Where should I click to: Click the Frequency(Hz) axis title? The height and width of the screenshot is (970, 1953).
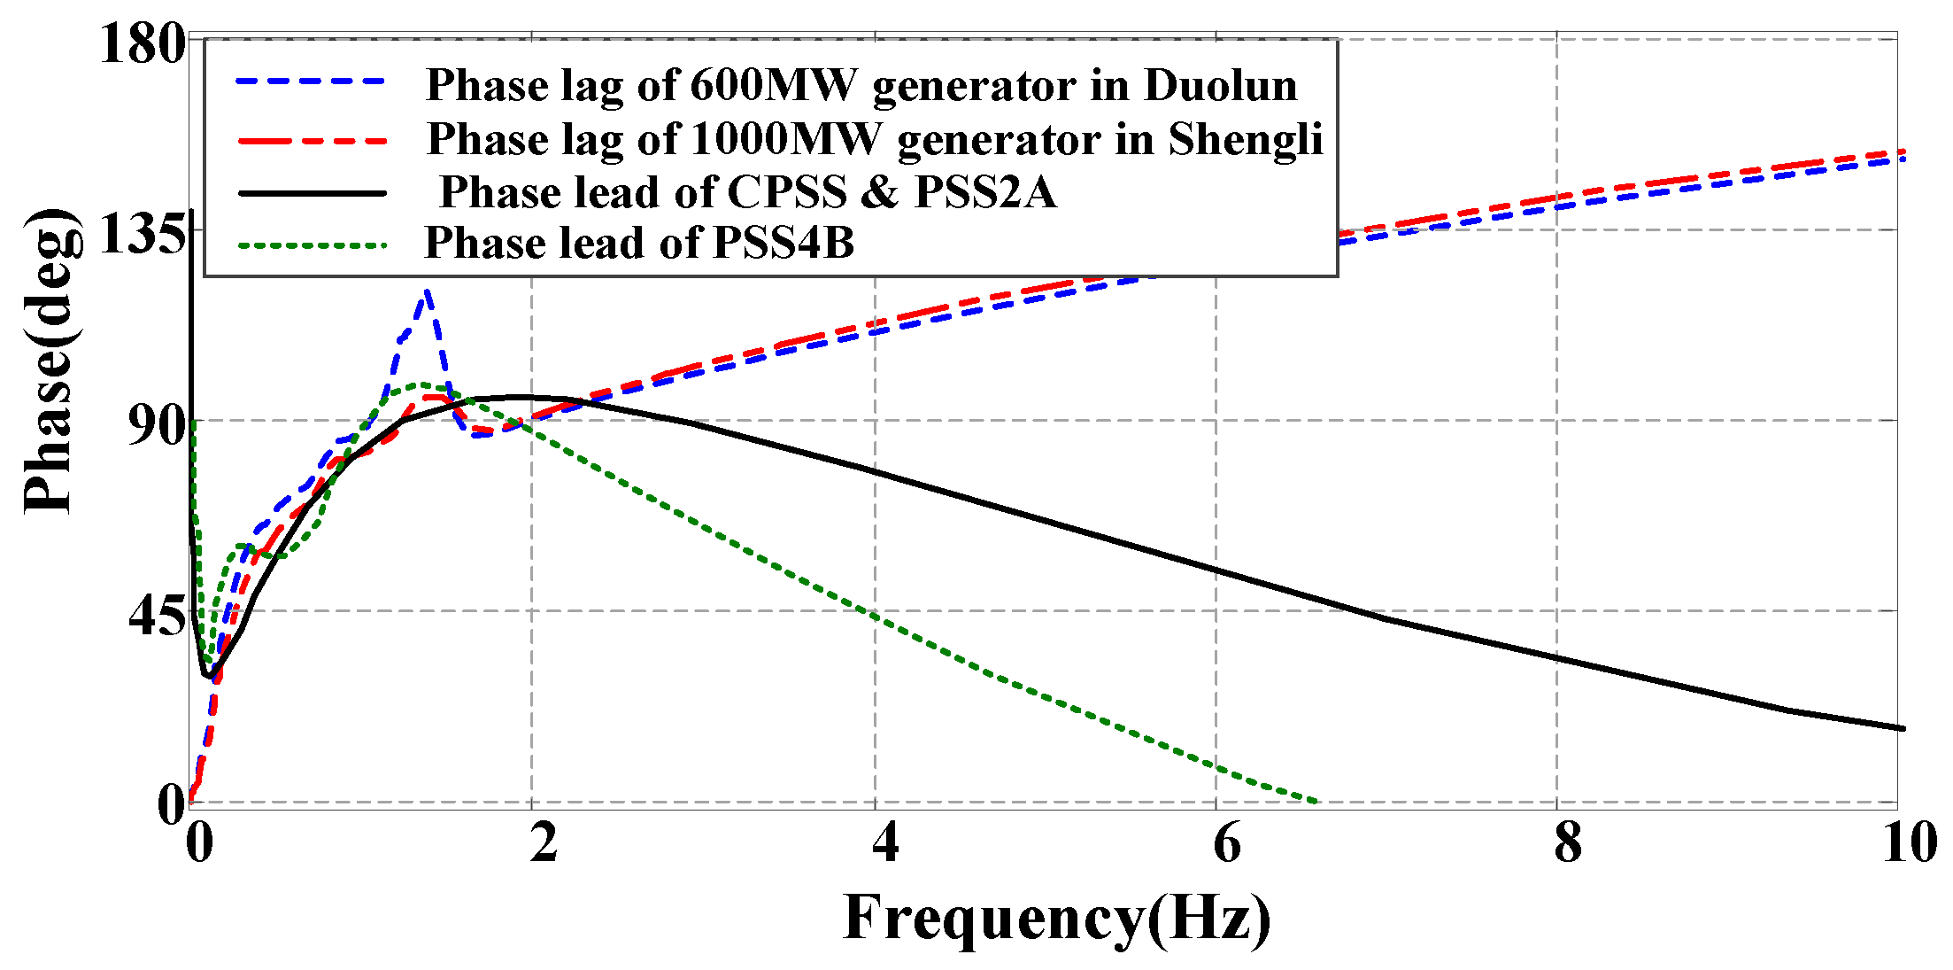[x=1057, y=918]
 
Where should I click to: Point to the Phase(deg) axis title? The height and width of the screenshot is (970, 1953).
[x=50, y=361]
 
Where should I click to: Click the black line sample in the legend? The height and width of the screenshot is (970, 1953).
[x=312, y=192]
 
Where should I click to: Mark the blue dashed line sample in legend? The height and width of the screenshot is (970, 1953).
[x=312, y=81]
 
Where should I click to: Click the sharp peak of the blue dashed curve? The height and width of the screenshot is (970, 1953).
[x=427, y=291]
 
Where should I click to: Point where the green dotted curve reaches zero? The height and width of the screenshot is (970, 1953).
[x=1316, y=801]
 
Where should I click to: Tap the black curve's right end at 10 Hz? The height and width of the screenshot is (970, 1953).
[x=1902, y=728]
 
